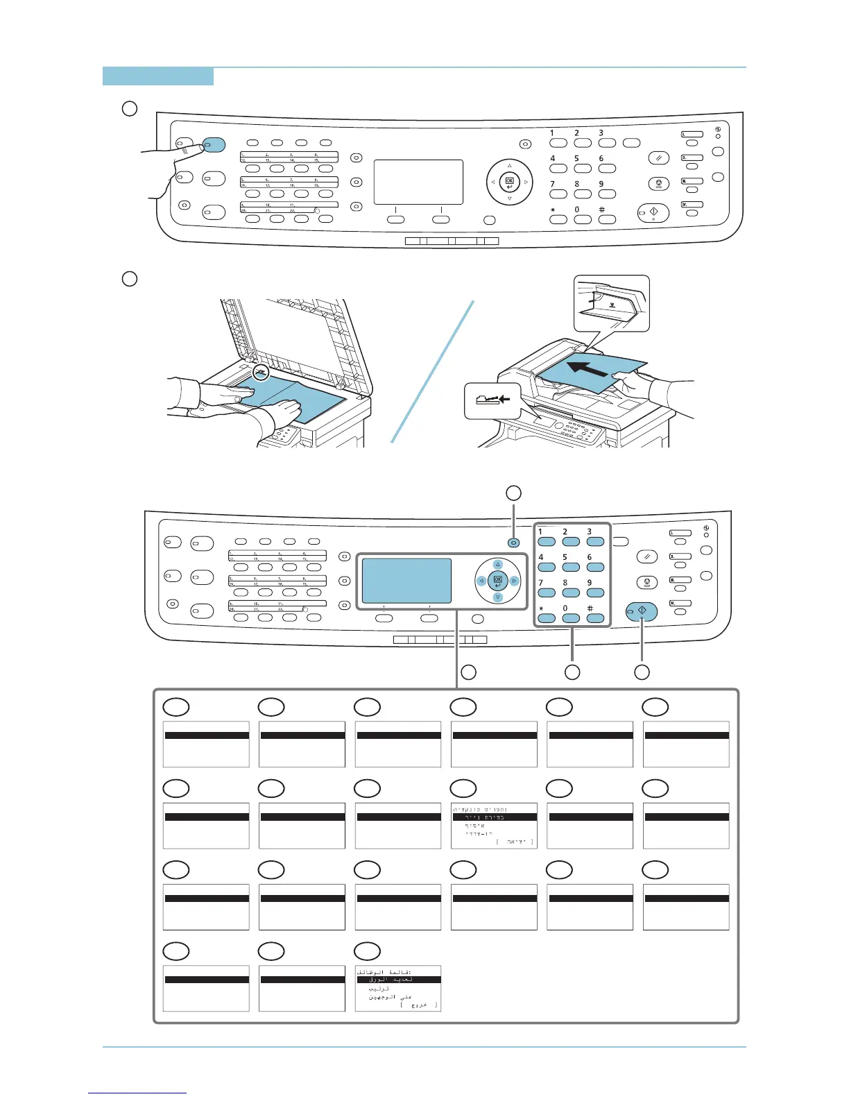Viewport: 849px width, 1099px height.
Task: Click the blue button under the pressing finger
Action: coord(214,144)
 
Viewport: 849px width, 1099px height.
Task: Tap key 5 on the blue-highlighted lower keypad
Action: coord(571,567)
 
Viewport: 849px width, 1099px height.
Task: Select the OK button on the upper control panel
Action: coord(509,182)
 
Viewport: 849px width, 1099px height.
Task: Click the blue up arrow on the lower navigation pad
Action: coord(497,565)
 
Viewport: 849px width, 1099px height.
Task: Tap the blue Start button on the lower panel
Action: coord(642,612)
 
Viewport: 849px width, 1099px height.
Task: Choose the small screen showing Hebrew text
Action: coord(494,826)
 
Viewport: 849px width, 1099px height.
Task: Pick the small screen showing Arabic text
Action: coord(398,988)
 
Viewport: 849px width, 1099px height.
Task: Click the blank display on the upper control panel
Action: coord(418,182)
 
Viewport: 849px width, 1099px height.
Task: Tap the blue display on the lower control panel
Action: coord(407,581)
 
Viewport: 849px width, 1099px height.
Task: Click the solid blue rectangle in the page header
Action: coord(158,76)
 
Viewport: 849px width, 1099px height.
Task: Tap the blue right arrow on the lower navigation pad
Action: coord(514,581)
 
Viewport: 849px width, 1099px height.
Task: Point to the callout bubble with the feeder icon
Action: coord(492,400)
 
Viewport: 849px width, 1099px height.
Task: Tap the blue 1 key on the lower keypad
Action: coord(547,542)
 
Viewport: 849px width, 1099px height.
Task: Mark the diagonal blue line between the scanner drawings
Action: coord(433,371)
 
